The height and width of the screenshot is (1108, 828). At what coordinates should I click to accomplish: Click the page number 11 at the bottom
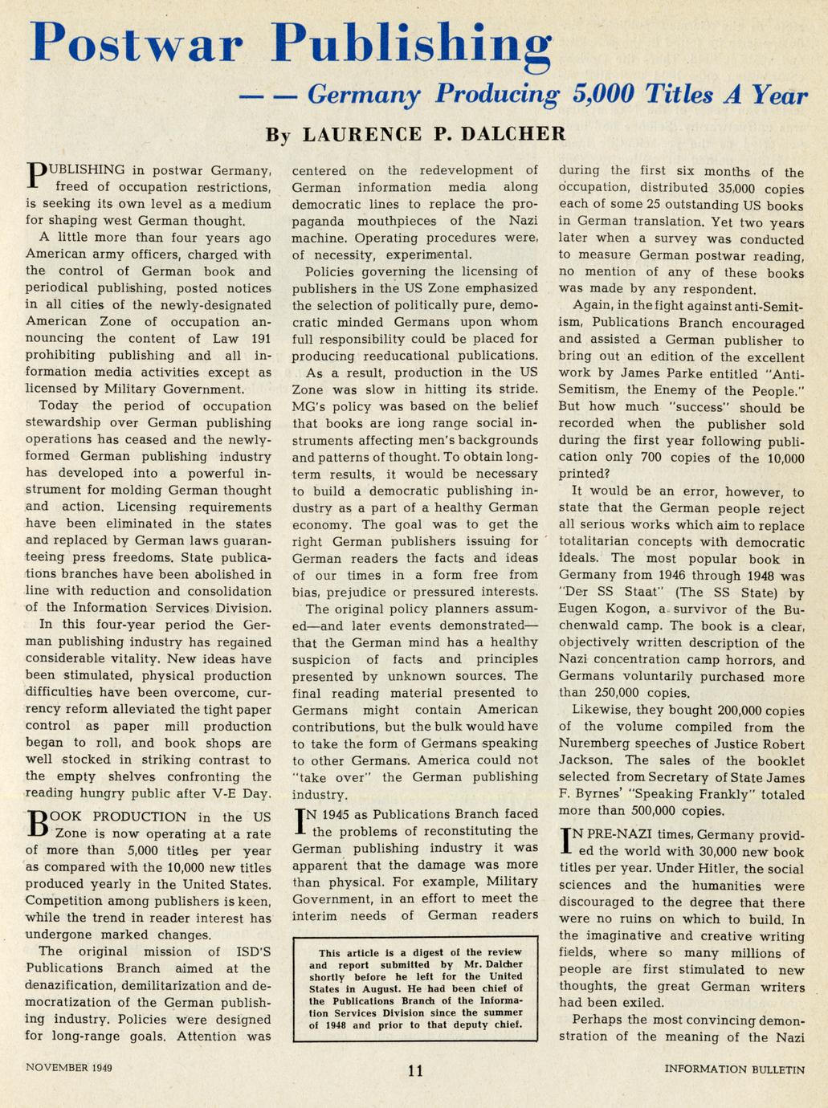click(415, 1069)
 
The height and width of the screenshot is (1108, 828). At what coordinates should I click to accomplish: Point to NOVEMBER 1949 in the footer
click(69, 1068)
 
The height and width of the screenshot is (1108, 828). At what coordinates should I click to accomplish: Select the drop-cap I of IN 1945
click(301, 821)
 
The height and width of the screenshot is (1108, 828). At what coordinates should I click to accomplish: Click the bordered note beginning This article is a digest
click(416, 988)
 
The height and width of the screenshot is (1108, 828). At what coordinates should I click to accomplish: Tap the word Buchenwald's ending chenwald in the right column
click(594, 626)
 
